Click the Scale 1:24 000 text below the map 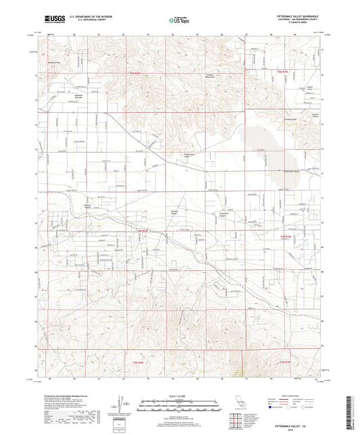click(x=180, y=395)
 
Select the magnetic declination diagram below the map click(x=122, y=405)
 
